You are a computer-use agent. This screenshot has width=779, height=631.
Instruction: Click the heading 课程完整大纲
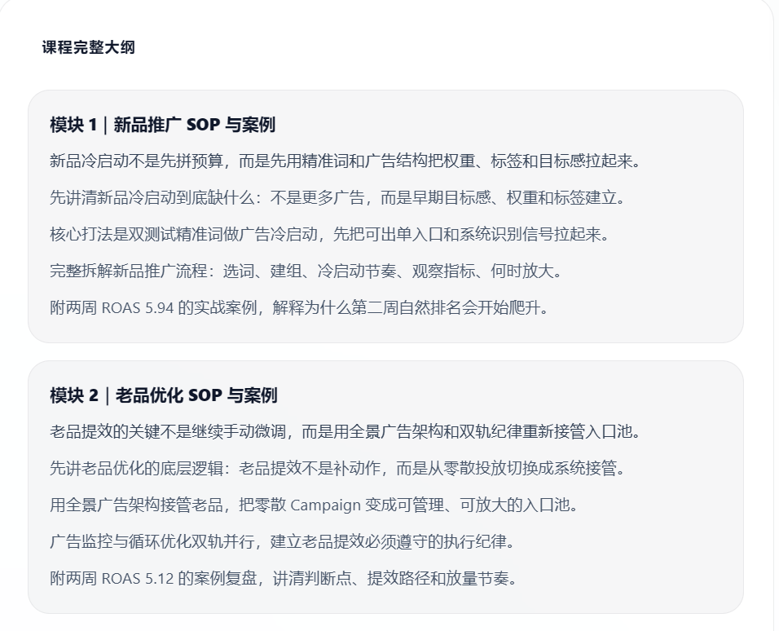coord(89,47)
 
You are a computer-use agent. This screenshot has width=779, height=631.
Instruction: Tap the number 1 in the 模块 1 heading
coord(92,125)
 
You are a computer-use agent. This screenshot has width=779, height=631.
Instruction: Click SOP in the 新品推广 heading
coord(203,125)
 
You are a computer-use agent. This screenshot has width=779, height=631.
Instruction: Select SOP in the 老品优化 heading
coord(205,395)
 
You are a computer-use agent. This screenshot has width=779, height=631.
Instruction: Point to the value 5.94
coord(159,308)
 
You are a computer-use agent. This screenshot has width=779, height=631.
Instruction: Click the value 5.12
coord(159,578)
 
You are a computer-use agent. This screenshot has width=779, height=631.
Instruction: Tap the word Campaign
coord(325,505)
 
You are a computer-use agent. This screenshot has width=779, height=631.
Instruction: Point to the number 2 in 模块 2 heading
coord(94,395)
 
